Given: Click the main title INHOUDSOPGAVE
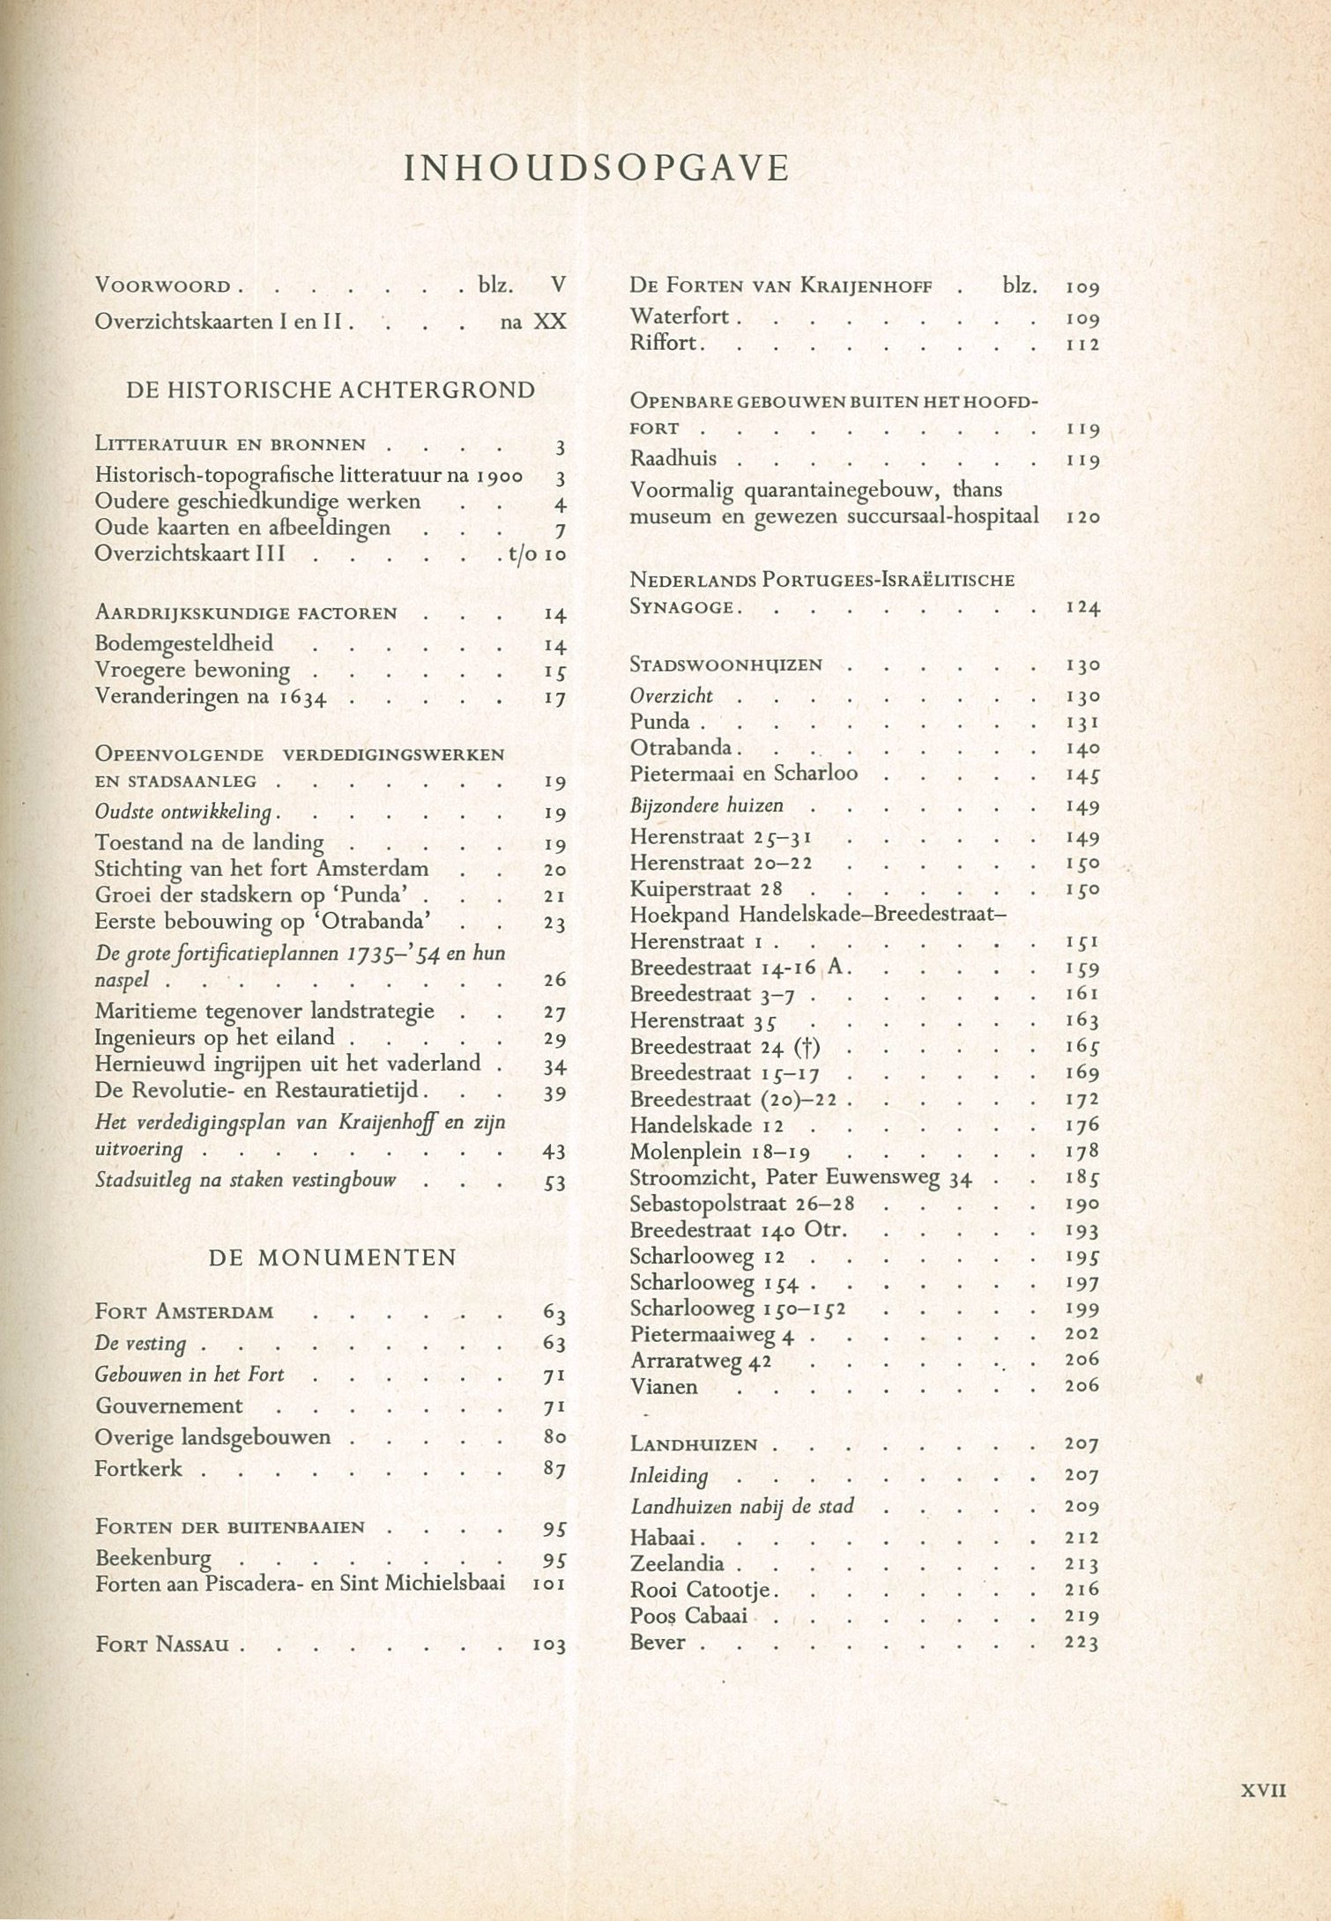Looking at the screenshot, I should tap(596, 168).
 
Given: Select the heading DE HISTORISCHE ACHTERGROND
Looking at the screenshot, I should tap(331, 389).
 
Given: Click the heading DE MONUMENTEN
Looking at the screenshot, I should tap(332, 1257).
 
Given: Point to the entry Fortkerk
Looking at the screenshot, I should tap(139, 1468).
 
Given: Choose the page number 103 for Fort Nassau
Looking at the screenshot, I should tap(547, 1645).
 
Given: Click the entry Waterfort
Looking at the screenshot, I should tap(680, 317).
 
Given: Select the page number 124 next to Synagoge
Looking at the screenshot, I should tap(1082, 608).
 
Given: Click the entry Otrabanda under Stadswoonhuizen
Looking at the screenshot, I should tap(680, 747).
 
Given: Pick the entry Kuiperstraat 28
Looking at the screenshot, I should tap(706, 889).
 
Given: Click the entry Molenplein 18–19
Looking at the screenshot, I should tap(720, 1152).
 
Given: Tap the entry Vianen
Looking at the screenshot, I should tap(664, 1387).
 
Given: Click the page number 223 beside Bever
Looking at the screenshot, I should tap(1082, 1643).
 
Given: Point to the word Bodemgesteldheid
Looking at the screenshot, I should tap(184, 643).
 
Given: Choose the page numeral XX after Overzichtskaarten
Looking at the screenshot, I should tap(549, 323).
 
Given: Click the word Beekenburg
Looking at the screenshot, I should tap(153, 1558).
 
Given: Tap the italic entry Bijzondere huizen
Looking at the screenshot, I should tap(706, 805).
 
